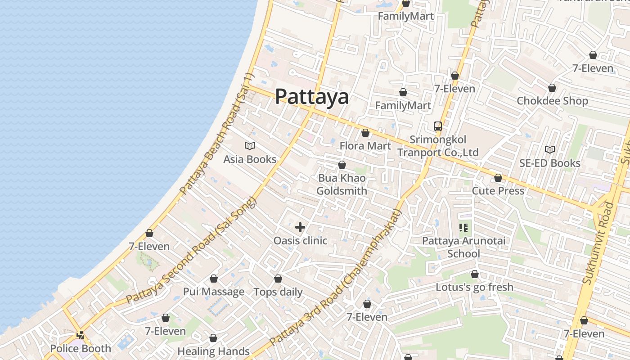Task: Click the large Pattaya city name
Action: coord(311,96)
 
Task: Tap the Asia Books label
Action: coord(250,159)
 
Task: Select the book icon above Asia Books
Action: coord(250,146)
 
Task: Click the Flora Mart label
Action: coord(365,146)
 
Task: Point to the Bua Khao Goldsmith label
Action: coord(342,184)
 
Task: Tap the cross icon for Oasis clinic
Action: coord(300,227)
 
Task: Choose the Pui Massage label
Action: coord(213,292)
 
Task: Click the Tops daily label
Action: coord(278,292)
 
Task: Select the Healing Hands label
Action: coord(213,351)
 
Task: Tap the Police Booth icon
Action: coord(81,335)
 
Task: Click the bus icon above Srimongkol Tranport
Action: coord(437,126)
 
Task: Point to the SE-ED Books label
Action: coord(549,163)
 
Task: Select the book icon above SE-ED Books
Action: coord(549,149)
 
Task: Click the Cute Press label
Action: coord(498,191)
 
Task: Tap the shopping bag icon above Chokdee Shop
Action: coord(552,88)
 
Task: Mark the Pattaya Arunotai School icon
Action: coord(463,228)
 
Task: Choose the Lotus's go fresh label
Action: coord(474,287)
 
